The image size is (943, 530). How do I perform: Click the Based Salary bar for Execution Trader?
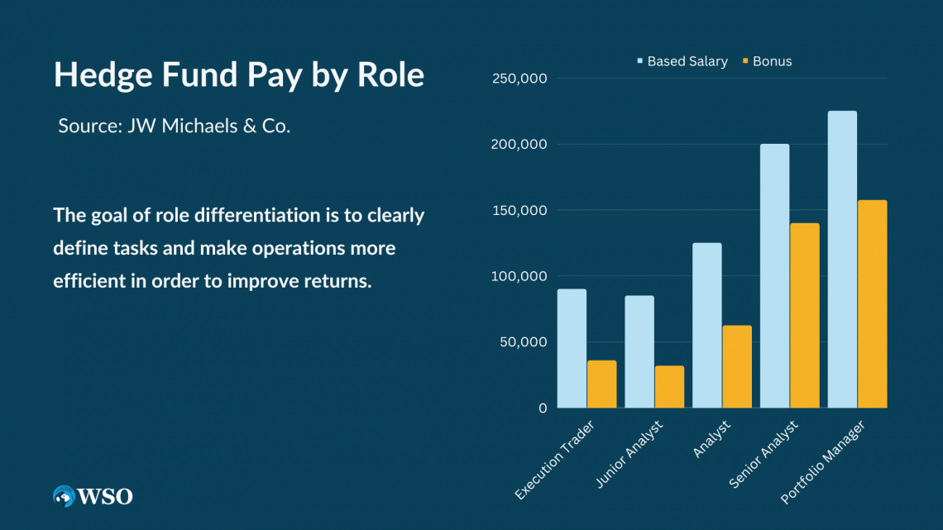pos(572,348)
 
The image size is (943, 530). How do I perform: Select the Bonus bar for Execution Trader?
pos(601,384)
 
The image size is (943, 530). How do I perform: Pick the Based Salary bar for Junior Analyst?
pos(639,351)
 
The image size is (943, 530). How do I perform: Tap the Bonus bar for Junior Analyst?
pos(669,386)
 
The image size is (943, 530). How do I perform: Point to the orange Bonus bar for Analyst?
pos(737,366)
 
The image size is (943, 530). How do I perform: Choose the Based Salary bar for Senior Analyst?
pos(774,275)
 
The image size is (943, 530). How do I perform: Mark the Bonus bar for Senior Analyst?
pos(804,315)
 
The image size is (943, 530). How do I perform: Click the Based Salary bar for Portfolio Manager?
pos(842,259)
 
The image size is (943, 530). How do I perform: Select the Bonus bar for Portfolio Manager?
pos(872,303)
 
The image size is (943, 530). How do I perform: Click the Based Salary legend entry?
pos(682,61)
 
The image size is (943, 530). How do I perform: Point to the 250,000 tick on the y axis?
pos(520,79)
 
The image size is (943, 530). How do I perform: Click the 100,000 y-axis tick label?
pos(520,276)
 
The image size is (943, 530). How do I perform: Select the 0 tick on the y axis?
pos(542,408)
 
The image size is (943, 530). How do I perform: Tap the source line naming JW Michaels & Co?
pos(174,127)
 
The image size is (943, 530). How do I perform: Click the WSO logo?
pos(93,496)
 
